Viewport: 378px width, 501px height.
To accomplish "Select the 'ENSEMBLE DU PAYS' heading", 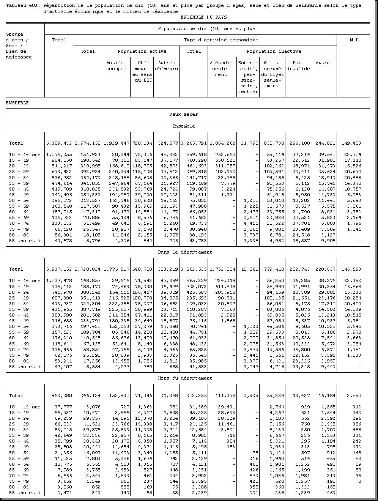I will pyautogui.click(x=204, y=17).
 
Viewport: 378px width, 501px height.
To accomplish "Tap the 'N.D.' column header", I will pyautogui.click(x=355, y=40).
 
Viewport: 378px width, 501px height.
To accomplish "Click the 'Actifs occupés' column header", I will pyautogui.click(x=116, y=66).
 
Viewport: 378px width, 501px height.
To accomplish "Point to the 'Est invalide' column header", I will pyautogui.click(x=298, y=66).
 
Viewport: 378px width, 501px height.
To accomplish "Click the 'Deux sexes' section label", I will pyautogui.click(x=183, y=114).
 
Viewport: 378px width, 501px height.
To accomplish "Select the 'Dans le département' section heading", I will pyautogui.click(x=185, y=252).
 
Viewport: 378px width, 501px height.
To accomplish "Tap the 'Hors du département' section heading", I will pyautogui.click(x=185, y=378).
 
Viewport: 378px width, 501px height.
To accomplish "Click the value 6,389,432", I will pyautogui.click(x=59, y=143).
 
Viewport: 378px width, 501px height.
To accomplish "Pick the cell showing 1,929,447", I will pyautogui.click(x=116, y=143).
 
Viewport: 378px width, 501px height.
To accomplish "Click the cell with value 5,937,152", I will pyautogui.click(x=59, y=269).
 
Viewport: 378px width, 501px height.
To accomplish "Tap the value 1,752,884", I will pyautogui.click(x=222, y=269).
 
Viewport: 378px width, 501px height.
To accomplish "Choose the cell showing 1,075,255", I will pyautogui.click(x=59, y=154).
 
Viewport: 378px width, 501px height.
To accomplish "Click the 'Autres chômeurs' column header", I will pyautogui.click(x=166, y=66).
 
